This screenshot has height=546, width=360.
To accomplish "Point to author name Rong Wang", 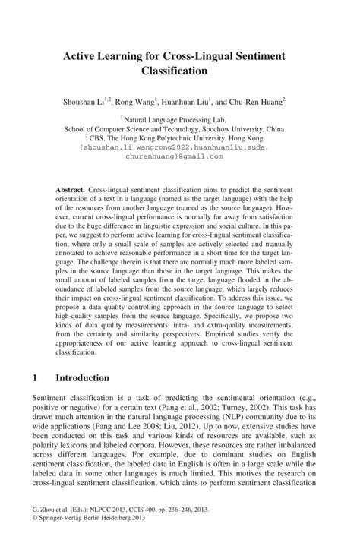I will coord(137,100).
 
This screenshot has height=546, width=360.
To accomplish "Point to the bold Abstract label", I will coord(71,187).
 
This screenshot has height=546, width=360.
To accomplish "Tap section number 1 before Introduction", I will coord(35,377).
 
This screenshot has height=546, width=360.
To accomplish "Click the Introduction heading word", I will coord(84,377).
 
